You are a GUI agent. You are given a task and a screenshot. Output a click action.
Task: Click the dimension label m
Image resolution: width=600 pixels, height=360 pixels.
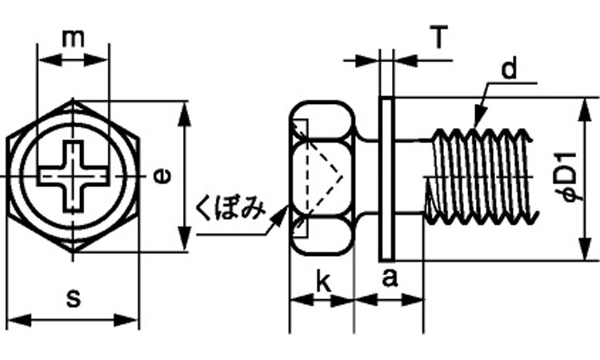(73, 38)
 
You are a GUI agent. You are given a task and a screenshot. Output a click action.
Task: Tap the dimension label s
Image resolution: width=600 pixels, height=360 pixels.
(73, 300)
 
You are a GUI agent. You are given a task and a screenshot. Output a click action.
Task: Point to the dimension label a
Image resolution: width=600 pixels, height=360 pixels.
(390, 279)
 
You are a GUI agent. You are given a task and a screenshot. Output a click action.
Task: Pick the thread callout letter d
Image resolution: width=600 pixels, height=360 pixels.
(509, 70)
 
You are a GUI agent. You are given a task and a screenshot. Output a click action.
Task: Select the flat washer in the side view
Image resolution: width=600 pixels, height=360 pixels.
(386, 179)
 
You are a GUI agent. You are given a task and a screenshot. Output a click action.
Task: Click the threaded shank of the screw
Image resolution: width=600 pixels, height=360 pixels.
(480, 176)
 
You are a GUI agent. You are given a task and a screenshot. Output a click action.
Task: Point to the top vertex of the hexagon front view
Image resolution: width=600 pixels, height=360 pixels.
(74, 100)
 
